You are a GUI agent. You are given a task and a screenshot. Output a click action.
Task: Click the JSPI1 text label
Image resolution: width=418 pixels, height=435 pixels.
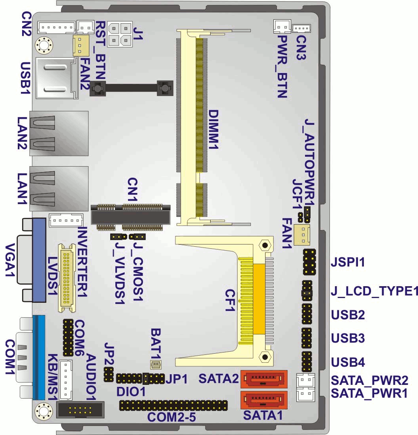click(x=348, y=262)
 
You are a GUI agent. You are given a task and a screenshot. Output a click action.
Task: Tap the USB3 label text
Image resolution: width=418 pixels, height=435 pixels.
click(x=348, y=339)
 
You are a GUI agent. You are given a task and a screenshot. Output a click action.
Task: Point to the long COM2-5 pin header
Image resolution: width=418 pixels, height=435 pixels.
click(x=173, y=405)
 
